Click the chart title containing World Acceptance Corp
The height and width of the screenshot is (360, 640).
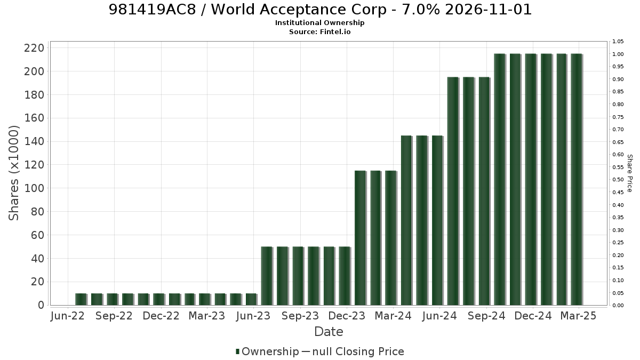320,10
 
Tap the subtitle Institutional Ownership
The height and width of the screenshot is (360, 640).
319,23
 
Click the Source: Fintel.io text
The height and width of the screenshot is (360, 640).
319,31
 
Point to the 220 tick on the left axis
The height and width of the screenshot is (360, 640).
34,48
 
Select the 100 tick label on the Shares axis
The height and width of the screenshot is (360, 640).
34,188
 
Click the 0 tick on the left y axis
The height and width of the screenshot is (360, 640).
41,305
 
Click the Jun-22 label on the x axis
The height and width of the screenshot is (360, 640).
67,316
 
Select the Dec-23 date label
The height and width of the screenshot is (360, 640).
347,316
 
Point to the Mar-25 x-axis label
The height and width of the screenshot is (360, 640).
578,316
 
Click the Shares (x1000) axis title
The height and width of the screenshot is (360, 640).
13,173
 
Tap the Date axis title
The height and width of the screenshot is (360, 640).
329,332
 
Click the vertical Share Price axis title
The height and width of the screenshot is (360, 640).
629,173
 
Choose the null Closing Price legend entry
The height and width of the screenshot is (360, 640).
353,351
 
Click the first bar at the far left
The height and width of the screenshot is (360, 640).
81,299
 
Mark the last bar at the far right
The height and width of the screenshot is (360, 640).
577,179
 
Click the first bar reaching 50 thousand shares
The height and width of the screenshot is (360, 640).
267,276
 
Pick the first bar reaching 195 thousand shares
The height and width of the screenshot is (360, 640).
453,191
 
